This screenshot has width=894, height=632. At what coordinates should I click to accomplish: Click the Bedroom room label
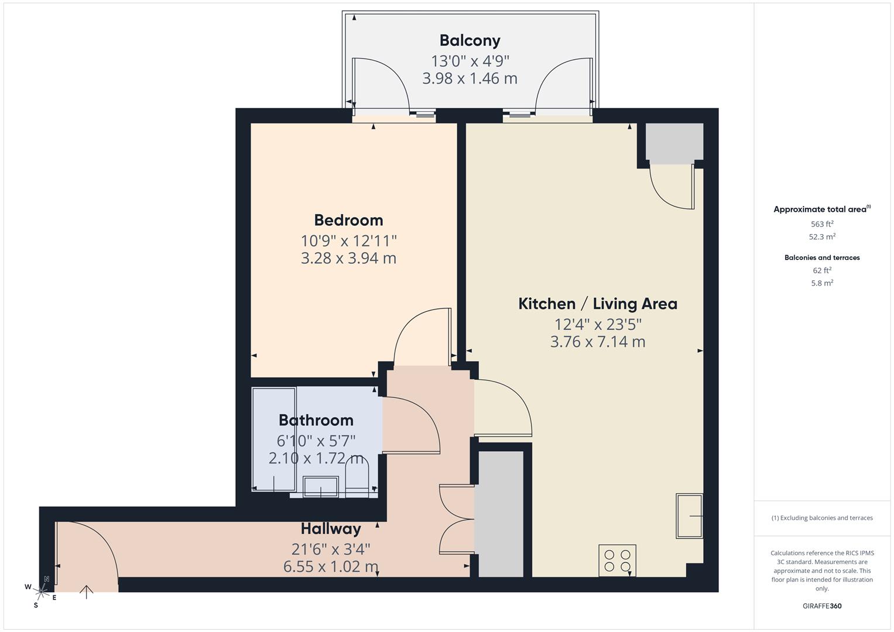[348, 220]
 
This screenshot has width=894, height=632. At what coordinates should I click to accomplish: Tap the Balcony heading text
[470, 40]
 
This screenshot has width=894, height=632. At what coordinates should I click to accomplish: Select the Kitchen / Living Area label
[597, 304]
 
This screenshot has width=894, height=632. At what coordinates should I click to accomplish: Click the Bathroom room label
[316, 420]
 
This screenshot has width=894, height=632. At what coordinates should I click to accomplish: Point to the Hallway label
[331, 528]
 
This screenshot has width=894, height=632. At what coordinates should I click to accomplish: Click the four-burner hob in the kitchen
[617, 560]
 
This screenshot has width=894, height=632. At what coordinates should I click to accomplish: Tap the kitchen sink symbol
[689, 516]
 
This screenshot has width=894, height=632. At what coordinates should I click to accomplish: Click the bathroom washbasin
[320, 486]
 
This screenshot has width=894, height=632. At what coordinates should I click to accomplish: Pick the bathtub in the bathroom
[273, 439]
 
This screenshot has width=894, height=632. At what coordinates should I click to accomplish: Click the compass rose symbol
[40, 590]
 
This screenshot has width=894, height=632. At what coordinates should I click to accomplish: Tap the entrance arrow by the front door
[87, 592]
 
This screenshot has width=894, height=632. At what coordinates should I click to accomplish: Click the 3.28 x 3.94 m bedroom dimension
[348, 258]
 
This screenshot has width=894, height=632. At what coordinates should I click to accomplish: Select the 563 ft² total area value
[821, 224]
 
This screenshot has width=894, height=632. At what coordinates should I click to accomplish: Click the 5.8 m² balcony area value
[821, 283]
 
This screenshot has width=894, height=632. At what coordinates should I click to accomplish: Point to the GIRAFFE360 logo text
[821, 606]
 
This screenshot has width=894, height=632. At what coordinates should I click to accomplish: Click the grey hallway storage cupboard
[498, 513]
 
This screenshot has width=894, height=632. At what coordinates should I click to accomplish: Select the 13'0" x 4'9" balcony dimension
[470, 61]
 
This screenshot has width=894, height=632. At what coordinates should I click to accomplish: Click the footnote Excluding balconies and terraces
[821, 518]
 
